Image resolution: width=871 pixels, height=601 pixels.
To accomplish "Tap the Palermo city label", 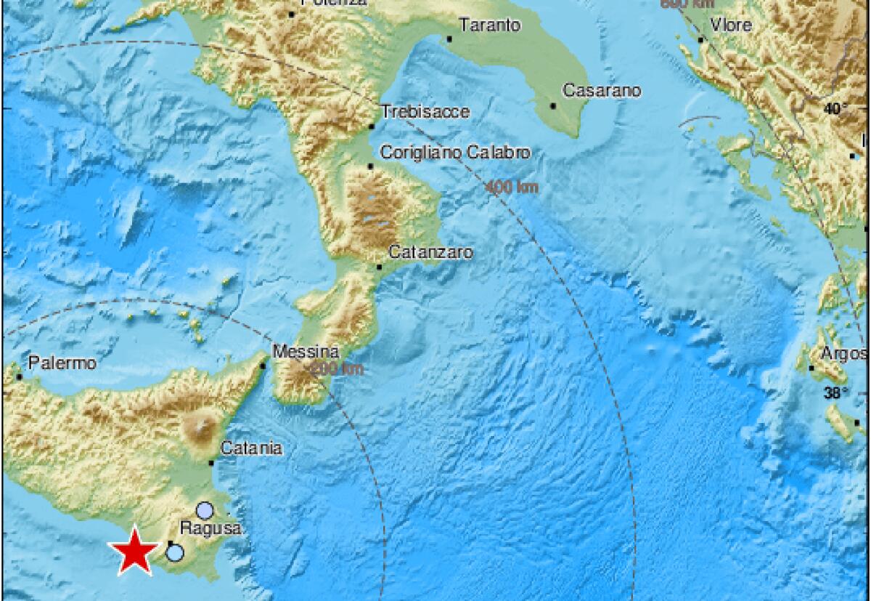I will coord(62,363).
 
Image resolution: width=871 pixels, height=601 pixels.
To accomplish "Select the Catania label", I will coord(250,448).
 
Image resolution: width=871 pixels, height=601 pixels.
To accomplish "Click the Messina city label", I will coord(306,352).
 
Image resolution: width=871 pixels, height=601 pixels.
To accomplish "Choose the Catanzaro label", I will coord(431,253).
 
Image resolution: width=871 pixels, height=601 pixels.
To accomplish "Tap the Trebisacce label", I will coord(425,112).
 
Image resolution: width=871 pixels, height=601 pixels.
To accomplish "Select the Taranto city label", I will coord(490,25).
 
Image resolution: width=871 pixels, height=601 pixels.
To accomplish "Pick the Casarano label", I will coord(602,92).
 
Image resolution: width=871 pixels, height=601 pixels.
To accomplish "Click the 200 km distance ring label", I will coord(338,370).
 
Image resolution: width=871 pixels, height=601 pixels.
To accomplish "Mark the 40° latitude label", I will coord(835,110).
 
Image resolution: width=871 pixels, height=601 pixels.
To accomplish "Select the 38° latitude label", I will coord(837,394).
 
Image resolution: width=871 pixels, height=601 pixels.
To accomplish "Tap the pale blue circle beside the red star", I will coord(175,553).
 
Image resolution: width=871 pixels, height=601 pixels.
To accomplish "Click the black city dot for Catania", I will coord(211,462).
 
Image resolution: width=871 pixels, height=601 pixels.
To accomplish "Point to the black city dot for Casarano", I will coord(553,106).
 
